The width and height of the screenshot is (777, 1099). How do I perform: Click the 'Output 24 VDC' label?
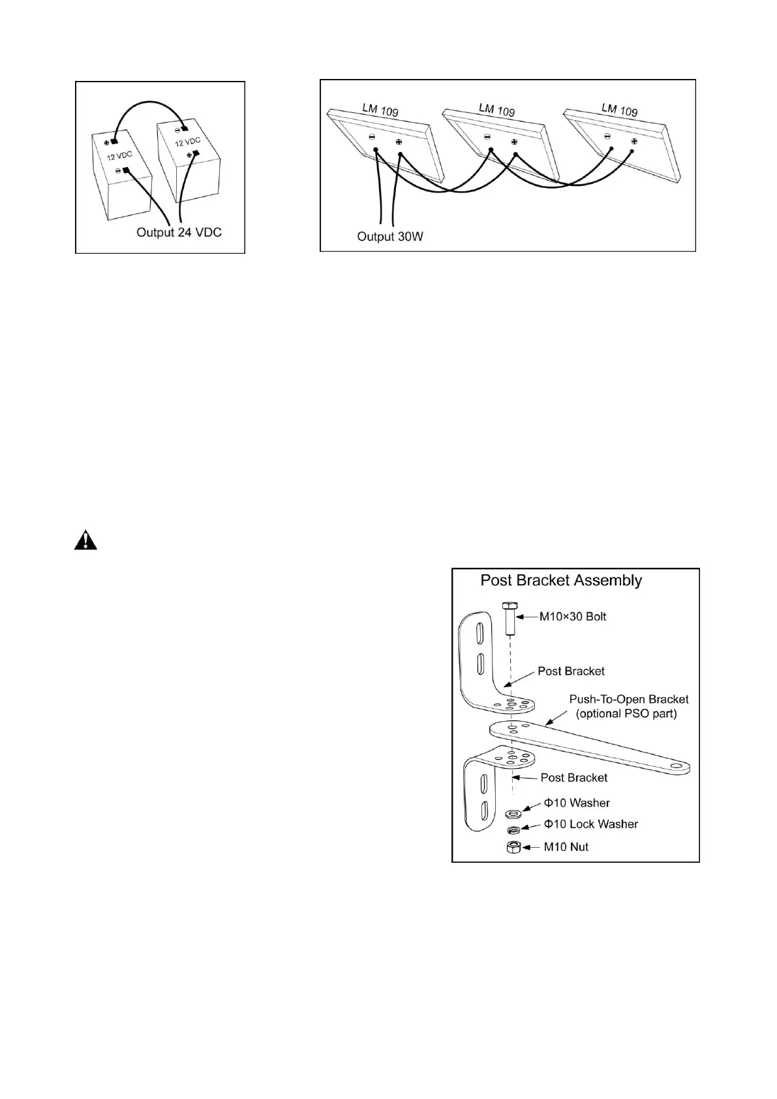(x=179, y=232)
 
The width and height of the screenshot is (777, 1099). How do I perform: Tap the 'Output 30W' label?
(x=390, y=236)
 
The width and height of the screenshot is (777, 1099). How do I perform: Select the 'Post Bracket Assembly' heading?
(x=561, y=580)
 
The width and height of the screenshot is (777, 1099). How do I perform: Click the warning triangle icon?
(x=85, y=541)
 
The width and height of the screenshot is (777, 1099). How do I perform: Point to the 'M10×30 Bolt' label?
(x=572, y=617)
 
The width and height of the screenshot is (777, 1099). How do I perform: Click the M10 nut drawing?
(x=513, y=847)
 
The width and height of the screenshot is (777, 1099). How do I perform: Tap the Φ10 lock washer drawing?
(x=513, y=830)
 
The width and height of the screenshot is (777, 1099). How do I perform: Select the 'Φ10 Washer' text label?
(x=577, y=803)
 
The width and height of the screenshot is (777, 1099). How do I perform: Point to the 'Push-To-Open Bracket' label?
(x=629, y=699)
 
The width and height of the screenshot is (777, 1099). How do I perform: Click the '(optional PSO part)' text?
(x=626, y=713)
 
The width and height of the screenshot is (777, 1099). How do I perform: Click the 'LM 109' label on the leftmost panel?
(x=380, y=110)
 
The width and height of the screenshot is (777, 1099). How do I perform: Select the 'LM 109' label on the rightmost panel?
(x=619, y=110)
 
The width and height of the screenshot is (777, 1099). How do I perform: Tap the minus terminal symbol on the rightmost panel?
(x=607, y=136)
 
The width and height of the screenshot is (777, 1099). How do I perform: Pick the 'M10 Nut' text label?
(x=566, y=847)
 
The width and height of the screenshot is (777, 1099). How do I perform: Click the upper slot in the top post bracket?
(x=480, y=634)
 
